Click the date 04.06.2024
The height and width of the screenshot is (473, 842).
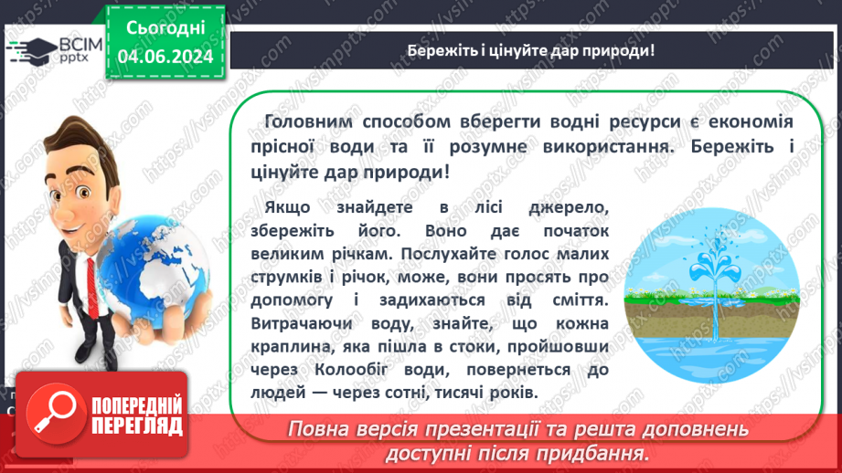pos(165,57)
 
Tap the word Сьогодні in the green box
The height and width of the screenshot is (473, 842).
pos(165,28)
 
